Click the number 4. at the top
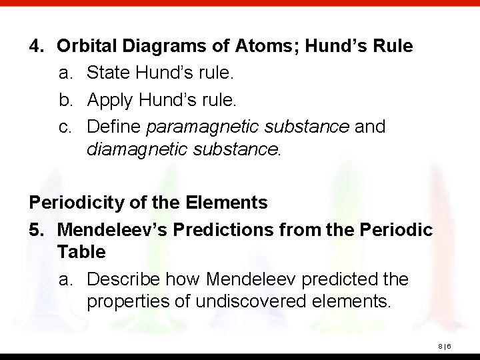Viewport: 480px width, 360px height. coord(37,47)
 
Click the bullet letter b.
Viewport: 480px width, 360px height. coord(65,100)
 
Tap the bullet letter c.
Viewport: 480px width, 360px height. coord(65,127)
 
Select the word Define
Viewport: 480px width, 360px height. coord(113,127)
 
